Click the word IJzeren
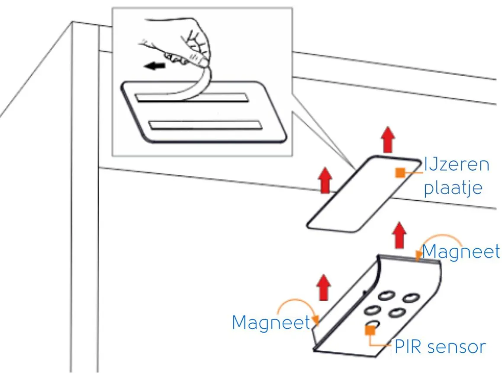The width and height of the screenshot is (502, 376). [x=457, y=165]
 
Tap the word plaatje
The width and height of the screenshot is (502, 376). [x=453, y=188]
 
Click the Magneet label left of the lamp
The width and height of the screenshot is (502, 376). [x=271, y=322]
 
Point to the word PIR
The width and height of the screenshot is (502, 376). [x=408, y=347]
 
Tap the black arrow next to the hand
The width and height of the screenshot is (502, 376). [x=154, y=66]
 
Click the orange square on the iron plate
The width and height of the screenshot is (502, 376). [x=400, y=172]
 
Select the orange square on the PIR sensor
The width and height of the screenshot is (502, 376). [x=370, y=330]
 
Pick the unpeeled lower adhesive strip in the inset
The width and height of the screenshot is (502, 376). [x=205, y=125]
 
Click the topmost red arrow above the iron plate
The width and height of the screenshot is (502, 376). [x=388, y=140]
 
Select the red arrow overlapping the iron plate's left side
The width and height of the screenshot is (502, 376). [x=325, y=181]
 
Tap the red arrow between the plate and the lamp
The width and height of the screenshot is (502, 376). [x=399, y=235]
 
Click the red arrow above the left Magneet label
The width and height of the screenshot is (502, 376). [x=324, y=287]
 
